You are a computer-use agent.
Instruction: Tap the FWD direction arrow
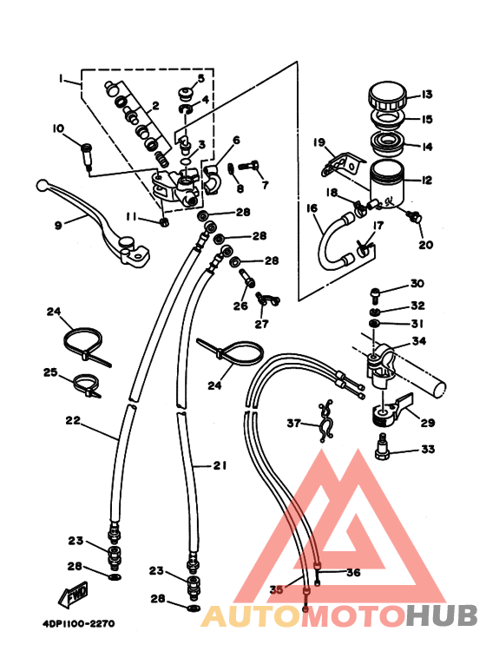pyautogui.click(x=74, y=594)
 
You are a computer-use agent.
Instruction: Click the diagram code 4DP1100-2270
pyautogui.click(x=79, y=623)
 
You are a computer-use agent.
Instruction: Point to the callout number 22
pyautogui.click(x=73, y=421)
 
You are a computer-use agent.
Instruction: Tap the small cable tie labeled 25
pyautogui.click(x=87, y=385)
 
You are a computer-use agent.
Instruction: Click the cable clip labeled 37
pyautogui.click(x=325, y=423)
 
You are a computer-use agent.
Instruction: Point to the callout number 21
pyautogui.click(x=220, y=465)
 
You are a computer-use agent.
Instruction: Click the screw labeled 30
pyautogui.click(x=375, y=293)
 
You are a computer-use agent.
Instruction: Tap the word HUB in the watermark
pyautogui.click(x=442, y=615)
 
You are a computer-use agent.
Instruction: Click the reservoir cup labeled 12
pyautogui.click(x=387, y=185)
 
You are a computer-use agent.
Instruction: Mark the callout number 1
pyautogui.click(x=61, y=79)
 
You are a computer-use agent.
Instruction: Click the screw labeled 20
pyautogui.click(x=414, y=216)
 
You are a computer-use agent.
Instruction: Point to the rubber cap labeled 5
pyautogui.click(x=184, y=93)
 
